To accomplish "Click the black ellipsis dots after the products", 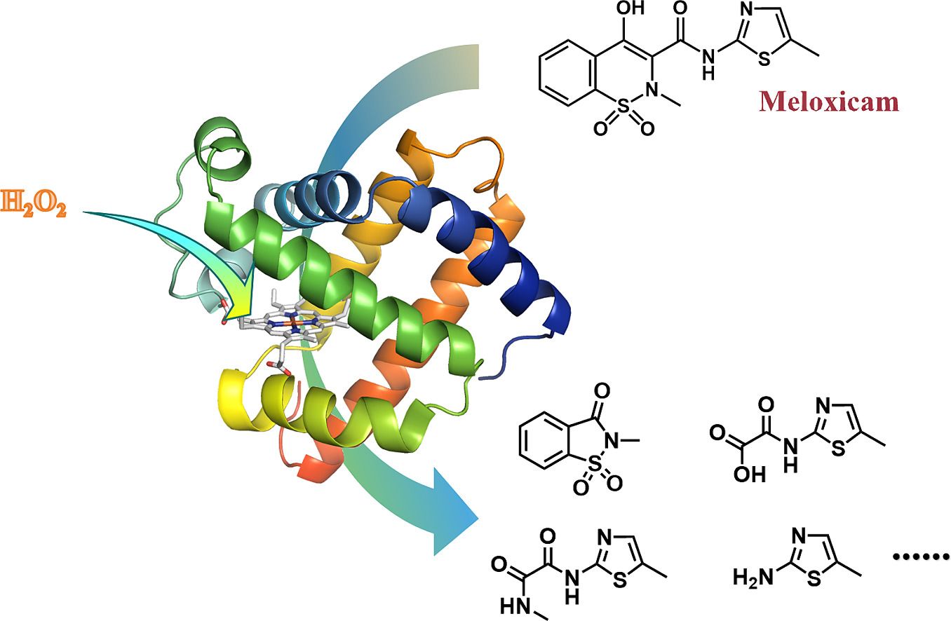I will (x=919, y=558).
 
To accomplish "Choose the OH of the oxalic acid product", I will (x=726, y=474).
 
